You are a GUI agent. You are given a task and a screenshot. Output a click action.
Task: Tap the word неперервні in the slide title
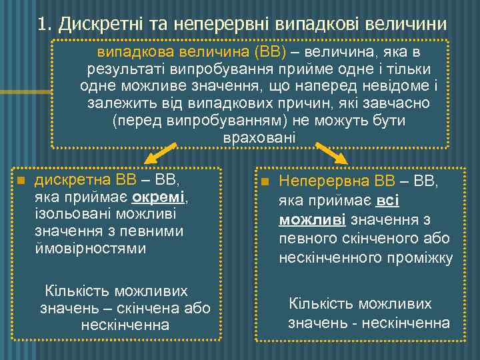pyautogui.click(x=213, y=25)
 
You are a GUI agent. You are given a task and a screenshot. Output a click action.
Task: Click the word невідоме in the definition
pyautogui.click(x=395, y=87)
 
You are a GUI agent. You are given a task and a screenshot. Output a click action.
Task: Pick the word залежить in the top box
pyautogui.click(x=117, y=104)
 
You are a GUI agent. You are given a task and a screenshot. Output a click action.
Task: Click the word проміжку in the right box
pyautogui.click(x=418, y=257)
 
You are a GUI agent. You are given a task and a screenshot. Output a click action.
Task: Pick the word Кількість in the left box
pyautogui.click(x=76, y=291)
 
